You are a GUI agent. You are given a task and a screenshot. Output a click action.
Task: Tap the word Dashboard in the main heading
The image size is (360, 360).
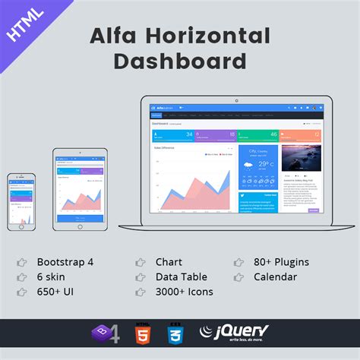pos(179,61)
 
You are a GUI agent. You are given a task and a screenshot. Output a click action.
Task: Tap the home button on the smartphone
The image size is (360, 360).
pos(21,226)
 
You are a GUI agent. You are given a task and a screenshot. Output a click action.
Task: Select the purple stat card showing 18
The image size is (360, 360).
pos(215,135)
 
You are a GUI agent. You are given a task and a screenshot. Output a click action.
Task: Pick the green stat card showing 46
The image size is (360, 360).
pos(257,135)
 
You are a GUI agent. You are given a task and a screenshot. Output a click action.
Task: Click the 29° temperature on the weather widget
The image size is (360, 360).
pos(264,164)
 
